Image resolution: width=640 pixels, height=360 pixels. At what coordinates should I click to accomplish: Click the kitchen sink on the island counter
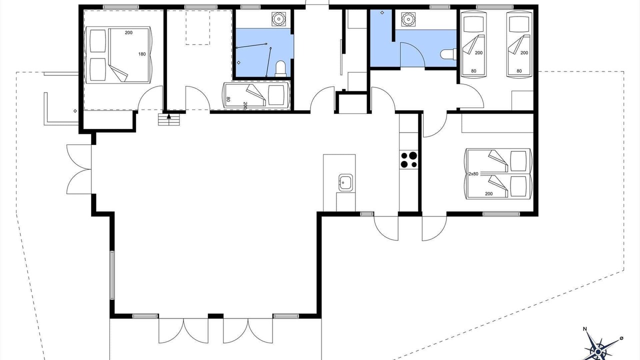point(345,182)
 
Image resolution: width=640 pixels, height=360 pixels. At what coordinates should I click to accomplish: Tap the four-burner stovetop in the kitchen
point(409,160)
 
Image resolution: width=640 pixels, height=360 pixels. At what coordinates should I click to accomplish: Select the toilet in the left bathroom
point(280,69)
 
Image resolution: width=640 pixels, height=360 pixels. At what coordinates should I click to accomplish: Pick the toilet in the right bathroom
point(448,54)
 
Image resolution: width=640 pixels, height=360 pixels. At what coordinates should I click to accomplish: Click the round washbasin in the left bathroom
point(278,19)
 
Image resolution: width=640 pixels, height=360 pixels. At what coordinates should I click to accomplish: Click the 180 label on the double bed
point(142,54)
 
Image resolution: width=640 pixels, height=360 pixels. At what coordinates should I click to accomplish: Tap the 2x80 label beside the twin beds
point(473,173)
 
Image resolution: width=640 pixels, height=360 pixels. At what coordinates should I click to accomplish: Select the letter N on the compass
point(585,337)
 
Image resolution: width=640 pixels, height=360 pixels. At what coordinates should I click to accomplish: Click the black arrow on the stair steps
point(169,116)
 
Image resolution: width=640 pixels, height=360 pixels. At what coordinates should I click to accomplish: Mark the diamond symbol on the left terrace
point(75,111)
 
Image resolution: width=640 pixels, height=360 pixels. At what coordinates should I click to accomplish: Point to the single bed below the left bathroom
point(256,95)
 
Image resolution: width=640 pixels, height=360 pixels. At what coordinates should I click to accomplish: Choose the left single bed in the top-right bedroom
point(473,44)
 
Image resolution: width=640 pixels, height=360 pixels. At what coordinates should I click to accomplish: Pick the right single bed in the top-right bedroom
point(519,44)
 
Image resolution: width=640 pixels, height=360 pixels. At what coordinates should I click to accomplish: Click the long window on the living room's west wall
point(112,275)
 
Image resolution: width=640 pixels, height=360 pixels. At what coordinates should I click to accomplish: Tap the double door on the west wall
point(79,169)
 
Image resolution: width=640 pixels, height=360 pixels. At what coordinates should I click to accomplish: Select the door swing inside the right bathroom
point(412,55)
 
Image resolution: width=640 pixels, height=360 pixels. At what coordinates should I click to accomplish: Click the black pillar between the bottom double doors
point(215,315)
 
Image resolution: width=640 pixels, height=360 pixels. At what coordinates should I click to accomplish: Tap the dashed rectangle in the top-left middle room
point(197,27)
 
